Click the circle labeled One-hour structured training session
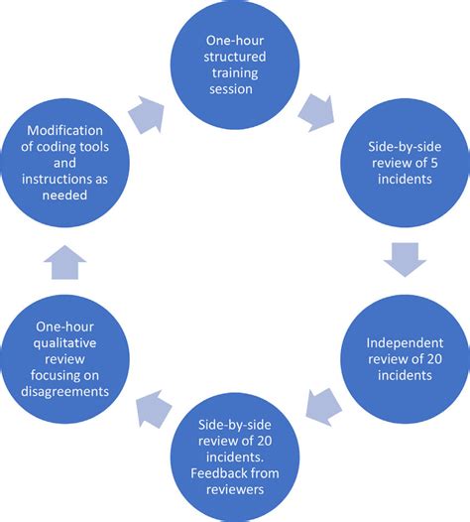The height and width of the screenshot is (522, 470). (x=234, y=66)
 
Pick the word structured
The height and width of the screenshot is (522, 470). (x=234, y=58)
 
